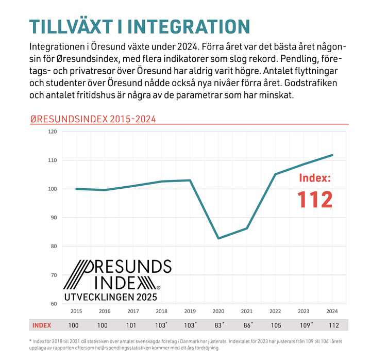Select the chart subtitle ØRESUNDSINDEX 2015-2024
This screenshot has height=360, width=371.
coord(93,119)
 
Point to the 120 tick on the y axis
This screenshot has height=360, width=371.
coord(52,132)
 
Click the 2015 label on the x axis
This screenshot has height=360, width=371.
coord(76,311)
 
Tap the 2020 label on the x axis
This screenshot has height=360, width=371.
coord(218,311)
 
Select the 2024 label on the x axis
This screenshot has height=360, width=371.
coord(332,311)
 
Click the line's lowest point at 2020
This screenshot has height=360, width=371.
coord(218,238)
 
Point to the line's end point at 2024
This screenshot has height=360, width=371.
coord(332,155)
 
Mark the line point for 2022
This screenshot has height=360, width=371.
coord(275,174)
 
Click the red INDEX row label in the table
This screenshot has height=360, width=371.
coord(41,325)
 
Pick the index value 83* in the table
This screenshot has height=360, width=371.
coord(219,325)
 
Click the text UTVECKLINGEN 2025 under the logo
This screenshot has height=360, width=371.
coord(110,297)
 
